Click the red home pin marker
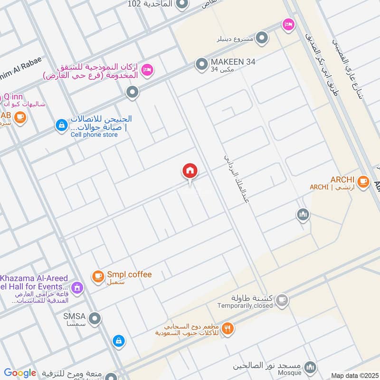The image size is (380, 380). (x=190, y=171)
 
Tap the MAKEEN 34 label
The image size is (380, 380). (x=233, y=62)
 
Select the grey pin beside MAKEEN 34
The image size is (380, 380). (x=202, y=64)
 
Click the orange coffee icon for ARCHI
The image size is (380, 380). (x=363, y=181)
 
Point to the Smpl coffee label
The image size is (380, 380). (x=129, y=275)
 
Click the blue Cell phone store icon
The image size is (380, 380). (x=61, y=125)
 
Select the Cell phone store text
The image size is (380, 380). (x=94, y=135)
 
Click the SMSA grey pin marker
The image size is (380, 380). (x=95, y=318)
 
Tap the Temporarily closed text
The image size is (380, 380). (x=245, y=306)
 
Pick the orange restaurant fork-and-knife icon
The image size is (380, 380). (x=228, y=328)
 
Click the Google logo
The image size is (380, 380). (x=20, y=373)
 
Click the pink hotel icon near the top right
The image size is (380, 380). (x=287, y=24)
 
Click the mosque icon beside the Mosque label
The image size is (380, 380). (x=310, y=367)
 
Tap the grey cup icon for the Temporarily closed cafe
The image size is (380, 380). (x=282, y=300)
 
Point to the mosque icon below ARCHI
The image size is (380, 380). (x=303, y=215)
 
